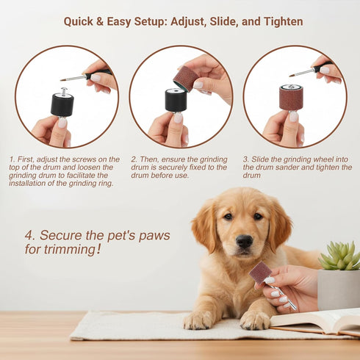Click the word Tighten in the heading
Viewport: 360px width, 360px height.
point(284,21)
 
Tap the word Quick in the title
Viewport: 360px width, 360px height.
point(79,21)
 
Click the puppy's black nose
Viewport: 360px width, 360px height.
point(244,241)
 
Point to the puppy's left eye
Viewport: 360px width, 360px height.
point(258,216)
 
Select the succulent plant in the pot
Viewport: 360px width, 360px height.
point(340,256)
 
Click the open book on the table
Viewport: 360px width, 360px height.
point(316,322)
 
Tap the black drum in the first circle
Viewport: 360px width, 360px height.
point(62,104)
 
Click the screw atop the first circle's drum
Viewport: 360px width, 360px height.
point(64,91)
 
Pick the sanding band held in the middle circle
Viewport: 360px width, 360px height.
point(184,79)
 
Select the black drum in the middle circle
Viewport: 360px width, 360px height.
point(176,100)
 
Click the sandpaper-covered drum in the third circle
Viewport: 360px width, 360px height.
point(291,98)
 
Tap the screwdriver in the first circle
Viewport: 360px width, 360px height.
point(86,76)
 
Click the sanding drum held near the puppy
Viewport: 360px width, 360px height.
point(260,273)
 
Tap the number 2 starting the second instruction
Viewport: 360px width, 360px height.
point(134,159)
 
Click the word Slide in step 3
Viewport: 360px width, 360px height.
point(260,159)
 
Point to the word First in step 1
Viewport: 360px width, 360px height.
point(26,159)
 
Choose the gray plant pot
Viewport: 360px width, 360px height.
point(339,289)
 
